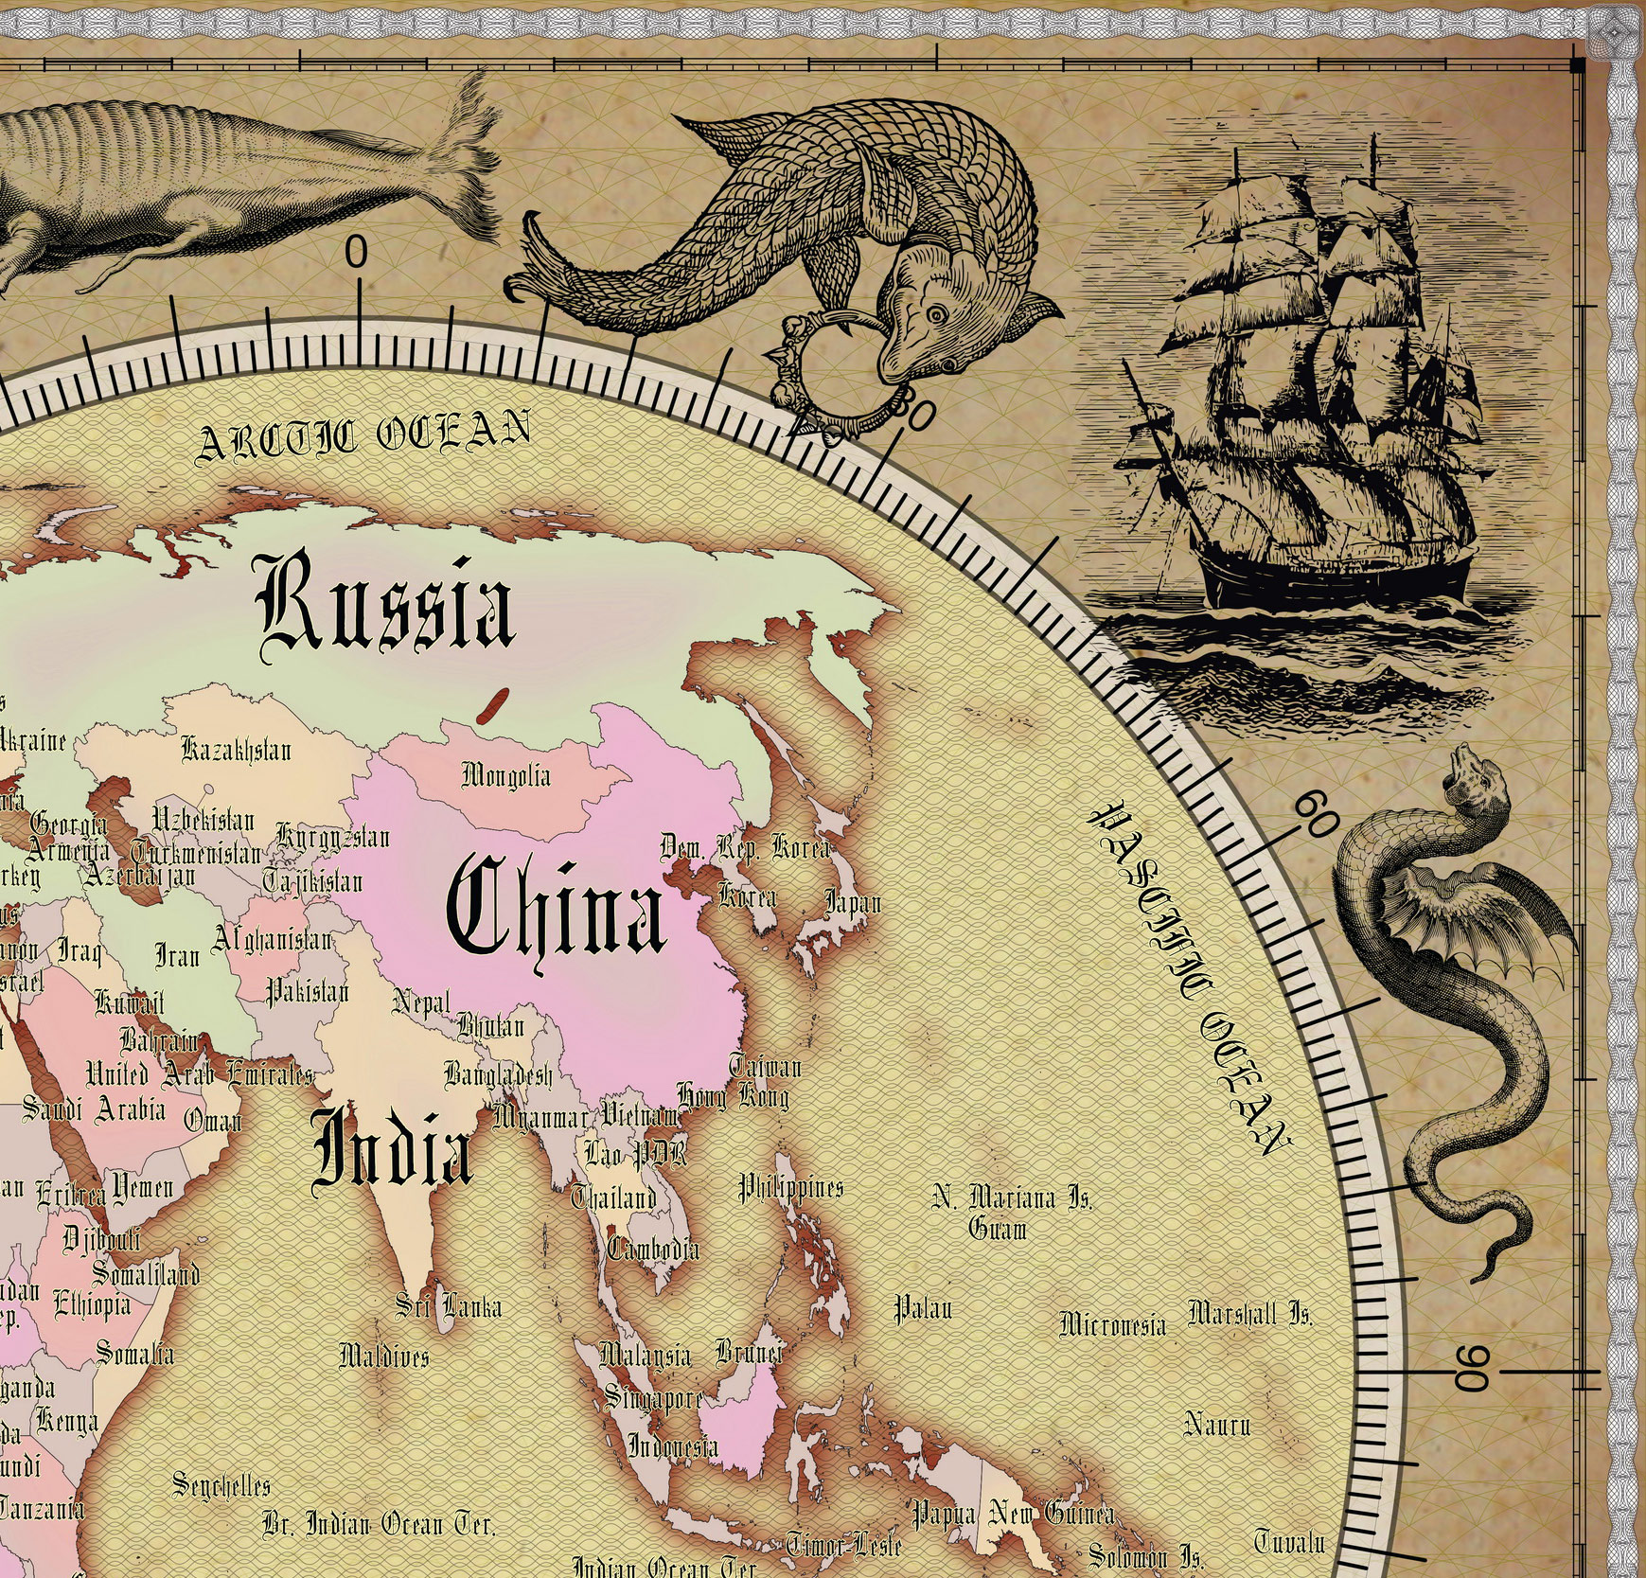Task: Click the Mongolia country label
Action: coord(505,776)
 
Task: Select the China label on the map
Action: coord(557,907)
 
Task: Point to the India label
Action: coord(392,1147)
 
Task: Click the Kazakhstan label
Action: coord(237,751)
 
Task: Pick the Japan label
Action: coord(853,902)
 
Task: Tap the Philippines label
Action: coord(790,1187)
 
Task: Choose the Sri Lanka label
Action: coord(449,1307)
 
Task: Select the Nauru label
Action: coord(1217,1424)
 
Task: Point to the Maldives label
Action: coord(384,1356)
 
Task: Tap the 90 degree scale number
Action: coord(1473,1370)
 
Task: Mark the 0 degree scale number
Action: coord(356,253)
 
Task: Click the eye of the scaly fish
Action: coord(936,314)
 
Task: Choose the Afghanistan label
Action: coord(272,939)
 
